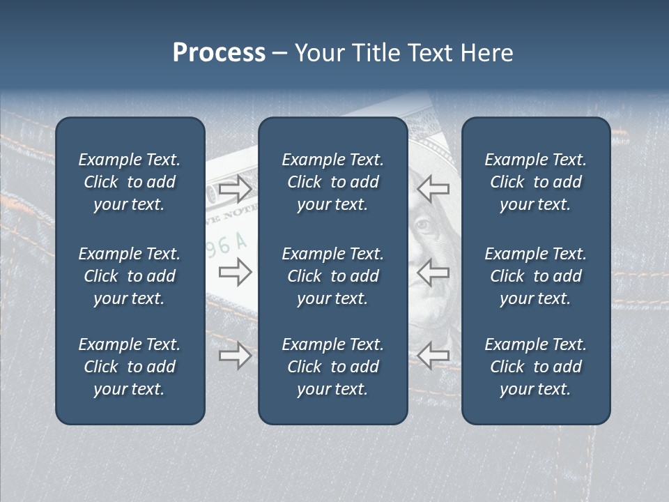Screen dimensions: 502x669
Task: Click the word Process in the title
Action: (219, 53)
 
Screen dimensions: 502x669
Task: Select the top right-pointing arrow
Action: (235, 189)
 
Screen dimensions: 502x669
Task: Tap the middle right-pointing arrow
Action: (235, 272)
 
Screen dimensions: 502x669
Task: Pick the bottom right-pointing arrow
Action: (235, 356)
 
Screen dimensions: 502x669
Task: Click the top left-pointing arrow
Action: (433, 188)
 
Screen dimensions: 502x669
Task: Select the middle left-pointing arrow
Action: (433, 272)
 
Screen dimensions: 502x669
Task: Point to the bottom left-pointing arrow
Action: (433, 356)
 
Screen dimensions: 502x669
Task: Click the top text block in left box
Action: (130, 182)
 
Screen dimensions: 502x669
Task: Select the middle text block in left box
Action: (130, 276)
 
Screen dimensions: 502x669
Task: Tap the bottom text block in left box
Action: (130, 367)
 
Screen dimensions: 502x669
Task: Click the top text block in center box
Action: (332, 182)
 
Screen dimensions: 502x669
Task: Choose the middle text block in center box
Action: (332, 276)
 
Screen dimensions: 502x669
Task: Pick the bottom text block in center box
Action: (332, 367)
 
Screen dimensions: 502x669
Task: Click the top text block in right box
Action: (535, 182)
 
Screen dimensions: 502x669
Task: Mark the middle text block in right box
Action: (535, 276)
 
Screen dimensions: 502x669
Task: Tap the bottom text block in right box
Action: (535, 367)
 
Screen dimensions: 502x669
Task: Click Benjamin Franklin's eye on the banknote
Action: (423, 225)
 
